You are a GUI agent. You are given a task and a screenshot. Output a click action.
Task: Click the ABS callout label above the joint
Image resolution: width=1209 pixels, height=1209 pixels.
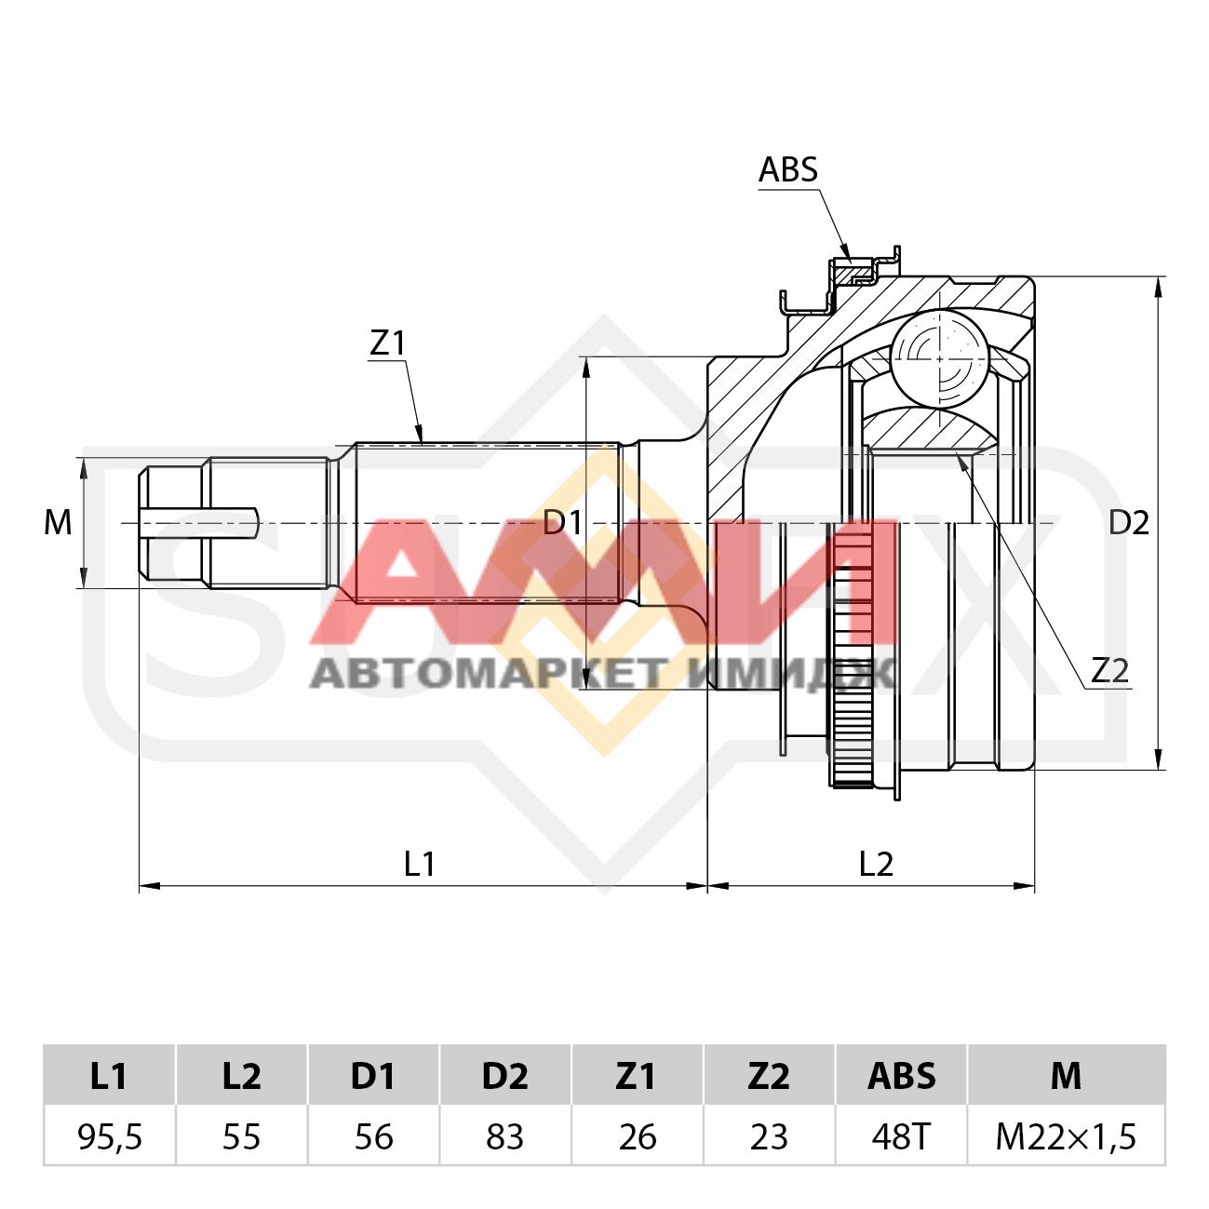788,169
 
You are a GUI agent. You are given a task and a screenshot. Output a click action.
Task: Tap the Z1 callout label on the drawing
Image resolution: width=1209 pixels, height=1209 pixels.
388,343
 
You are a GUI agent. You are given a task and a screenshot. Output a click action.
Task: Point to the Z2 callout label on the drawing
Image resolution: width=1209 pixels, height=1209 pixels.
1109,672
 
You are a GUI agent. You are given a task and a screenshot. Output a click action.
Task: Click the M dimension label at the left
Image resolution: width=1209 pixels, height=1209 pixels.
58,523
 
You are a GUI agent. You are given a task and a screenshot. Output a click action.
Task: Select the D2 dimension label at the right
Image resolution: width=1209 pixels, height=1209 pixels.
1129,523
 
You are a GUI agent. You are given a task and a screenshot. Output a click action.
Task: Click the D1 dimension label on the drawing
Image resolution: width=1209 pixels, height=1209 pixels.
563,523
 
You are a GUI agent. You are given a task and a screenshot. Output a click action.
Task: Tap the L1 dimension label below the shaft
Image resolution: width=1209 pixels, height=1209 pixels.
419,865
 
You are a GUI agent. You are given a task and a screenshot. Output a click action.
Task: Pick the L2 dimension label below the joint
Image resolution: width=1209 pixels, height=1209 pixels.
875,865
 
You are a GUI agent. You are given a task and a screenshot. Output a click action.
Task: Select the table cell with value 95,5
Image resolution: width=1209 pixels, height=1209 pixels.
110,1135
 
